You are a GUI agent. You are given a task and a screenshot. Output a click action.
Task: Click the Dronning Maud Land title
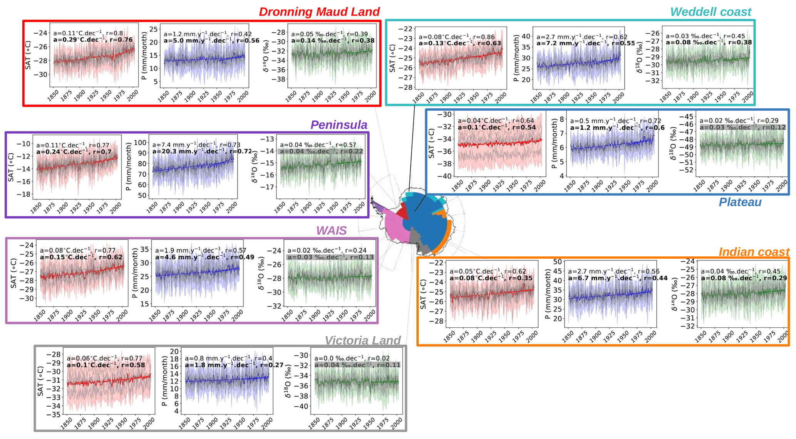[x=319, y=12]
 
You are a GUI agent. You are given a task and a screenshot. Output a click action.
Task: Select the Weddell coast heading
[x=711, y=12]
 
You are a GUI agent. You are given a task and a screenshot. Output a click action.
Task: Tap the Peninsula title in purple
[x=339, y=124]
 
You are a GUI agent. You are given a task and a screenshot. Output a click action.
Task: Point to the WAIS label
[x=331, y=230]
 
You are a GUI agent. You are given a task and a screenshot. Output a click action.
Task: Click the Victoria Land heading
[x=362, y=340]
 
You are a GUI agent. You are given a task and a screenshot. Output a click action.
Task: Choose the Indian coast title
[x=754, y=252]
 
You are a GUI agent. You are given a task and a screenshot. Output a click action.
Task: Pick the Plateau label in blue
[x=740, y=202]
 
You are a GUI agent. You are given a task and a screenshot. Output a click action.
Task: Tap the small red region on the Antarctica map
[x=402, y=212]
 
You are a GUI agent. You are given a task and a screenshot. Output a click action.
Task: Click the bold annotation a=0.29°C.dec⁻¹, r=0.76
[x=93, y=40]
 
